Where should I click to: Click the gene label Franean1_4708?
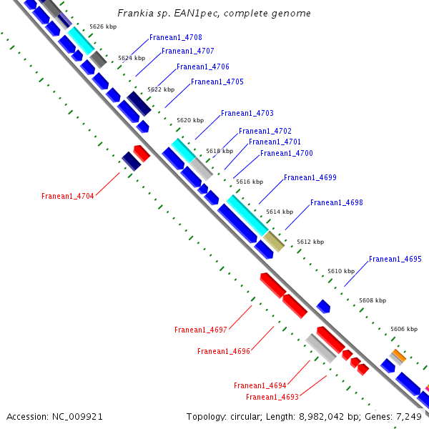click(175, 37)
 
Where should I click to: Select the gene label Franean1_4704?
click(67, 196)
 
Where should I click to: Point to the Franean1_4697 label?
click(200, 330)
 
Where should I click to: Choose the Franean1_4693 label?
click(272, 397)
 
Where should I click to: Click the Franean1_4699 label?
click(310, 177)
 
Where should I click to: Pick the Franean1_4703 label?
click(247, 113)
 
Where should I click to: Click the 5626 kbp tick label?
click(103, 26)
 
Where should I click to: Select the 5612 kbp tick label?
click(310, 242)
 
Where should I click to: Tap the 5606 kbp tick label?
click(403, 329)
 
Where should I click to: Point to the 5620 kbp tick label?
click(190, 120)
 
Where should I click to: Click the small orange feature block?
click(398, 355)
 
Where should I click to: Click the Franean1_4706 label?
click(202, 66)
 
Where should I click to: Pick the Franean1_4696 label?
click(223, 351)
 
